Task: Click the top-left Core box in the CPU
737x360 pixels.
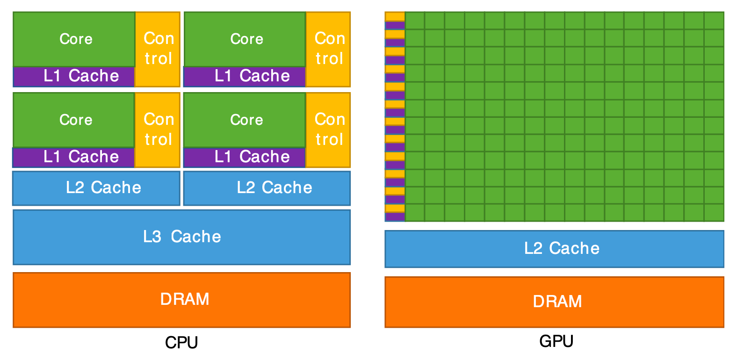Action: pyautogui.click(x=74, y=39)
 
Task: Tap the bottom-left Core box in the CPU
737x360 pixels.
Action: pyautogui.click(x=74, y=120)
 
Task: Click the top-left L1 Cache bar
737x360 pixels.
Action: pyautogui.click(x=74, y=77)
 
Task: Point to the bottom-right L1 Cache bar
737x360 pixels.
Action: pyautogui.click(x=245, y=157)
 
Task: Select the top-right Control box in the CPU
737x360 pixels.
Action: pyautogui.click(x=329, y=49)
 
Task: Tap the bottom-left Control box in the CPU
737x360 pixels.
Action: pyautogui.click(x=158, y=130)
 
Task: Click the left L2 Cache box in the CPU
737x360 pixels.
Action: pyautogui.click(x=96, y=188)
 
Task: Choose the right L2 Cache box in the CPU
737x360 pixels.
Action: pyautogui.click(x=267, y=188)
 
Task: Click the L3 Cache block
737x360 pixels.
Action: pyautogui.click(x=181, y=237)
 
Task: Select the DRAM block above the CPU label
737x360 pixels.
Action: pyautogui.click(x=181, y=300)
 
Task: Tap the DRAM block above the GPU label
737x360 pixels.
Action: pyautogui.click(x=554, y=302)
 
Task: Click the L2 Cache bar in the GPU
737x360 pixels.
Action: pyautogui.click(x=554, y=249)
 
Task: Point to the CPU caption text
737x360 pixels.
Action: pyautogui.click(x=181, y=343)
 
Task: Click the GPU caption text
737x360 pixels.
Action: pyautogui.click(x=556, y=341)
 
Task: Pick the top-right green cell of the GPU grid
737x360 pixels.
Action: pyautogui.click(x=714, y=21)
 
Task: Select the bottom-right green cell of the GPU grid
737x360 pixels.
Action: pyautogui.click(x=714, y=213)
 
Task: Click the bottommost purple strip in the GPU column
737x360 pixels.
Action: pyautogui.click(x=395, y=216)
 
